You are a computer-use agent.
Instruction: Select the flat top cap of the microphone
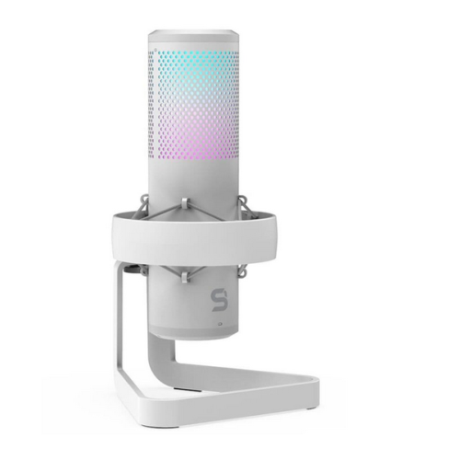193,36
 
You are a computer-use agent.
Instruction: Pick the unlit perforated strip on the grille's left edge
153,110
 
